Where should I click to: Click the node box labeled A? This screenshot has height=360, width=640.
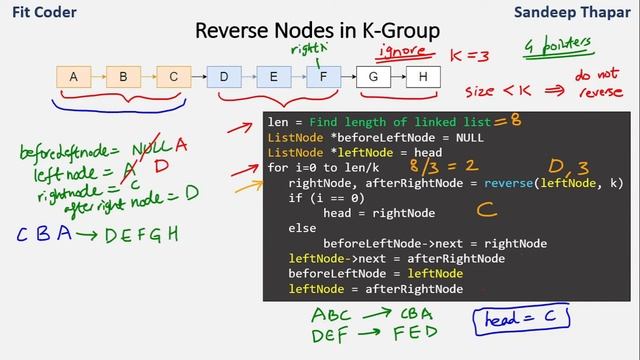click(x=73, y=76)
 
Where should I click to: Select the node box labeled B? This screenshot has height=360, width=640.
click(x=123, y=76)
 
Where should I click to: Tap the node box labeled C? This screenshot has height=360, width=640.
click(x=173, y=76)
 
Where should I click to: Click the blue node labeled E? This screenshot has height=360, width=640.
click(x=273, y=76)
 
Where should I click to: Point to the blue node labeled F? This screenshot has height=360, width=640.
click(x=323, y=76)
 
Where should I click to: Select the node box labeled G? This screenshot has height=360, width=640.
click(x=373, y=76)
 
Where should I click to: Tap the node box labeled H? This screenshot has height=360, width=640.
click(x=423, y=76)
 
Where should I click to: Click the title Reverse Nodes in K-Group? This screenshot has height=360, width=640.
click(x=317, y=31)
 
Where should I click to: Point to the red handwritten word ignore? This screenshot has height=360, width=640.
click(x=404, y=51)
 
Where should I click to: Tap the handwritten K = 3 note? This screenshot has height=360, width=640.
click(x=470, y=56)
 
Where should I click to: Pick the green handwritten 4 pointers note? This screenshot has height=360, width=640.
click(x=557, y=46)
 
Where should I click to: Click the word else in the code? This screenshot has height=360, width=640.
click(x=302, y=228)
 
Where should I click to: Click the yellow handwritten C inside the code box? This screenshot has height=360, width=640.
click(x=487, y=210)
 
